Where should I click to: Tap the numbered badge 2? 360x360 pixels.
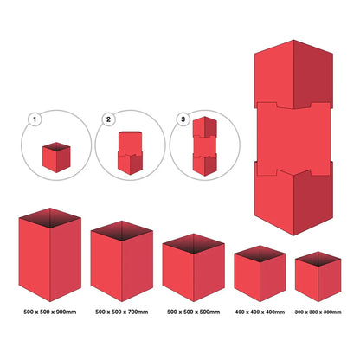point(109,119)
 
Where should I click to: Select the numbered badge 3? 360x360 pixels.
point(183,119)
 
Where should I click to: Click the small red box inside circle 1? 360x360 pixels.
point(55,156)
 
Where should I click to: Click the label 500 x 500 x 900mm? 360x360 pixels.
point(49,311)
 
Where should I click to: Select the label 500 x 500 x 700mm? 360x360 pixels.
point(122,311)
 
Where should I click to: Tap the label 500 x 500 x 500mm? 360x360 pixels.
point(194,311)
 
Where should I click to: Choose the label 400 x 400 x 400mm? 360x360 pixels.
point(260,311)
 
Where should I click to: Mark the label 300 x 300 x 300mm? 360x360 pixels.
point(318,311)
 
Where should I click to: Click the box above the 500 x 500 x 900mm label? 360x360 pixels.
point(49,260)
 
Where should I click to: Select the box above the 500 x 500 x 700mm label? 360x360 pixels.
point(122,264)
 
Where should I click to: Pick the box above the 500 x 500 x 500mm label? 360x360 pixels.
point(194,270)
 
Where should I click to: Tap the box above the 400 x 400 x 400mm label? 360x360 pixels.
point(260,275)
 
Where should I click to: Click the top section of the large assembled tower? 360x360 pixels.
point(292,74)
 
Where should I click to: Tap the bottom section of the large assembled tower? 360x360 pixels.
point(292,195)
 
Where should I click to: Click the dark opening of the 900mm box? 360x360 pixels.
point(49,216)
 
